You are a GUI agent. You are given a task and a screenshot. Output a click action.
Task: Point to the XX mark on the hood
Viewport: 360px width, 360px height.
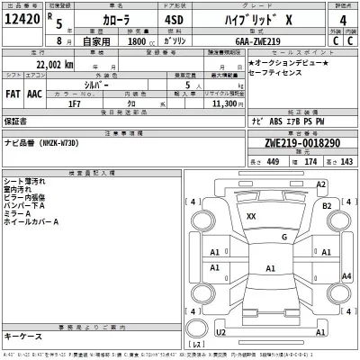click(251, 216)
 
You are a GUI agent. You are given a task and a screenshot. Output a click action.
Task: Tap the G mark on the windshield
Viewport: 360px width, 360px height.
click(283, 237)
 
